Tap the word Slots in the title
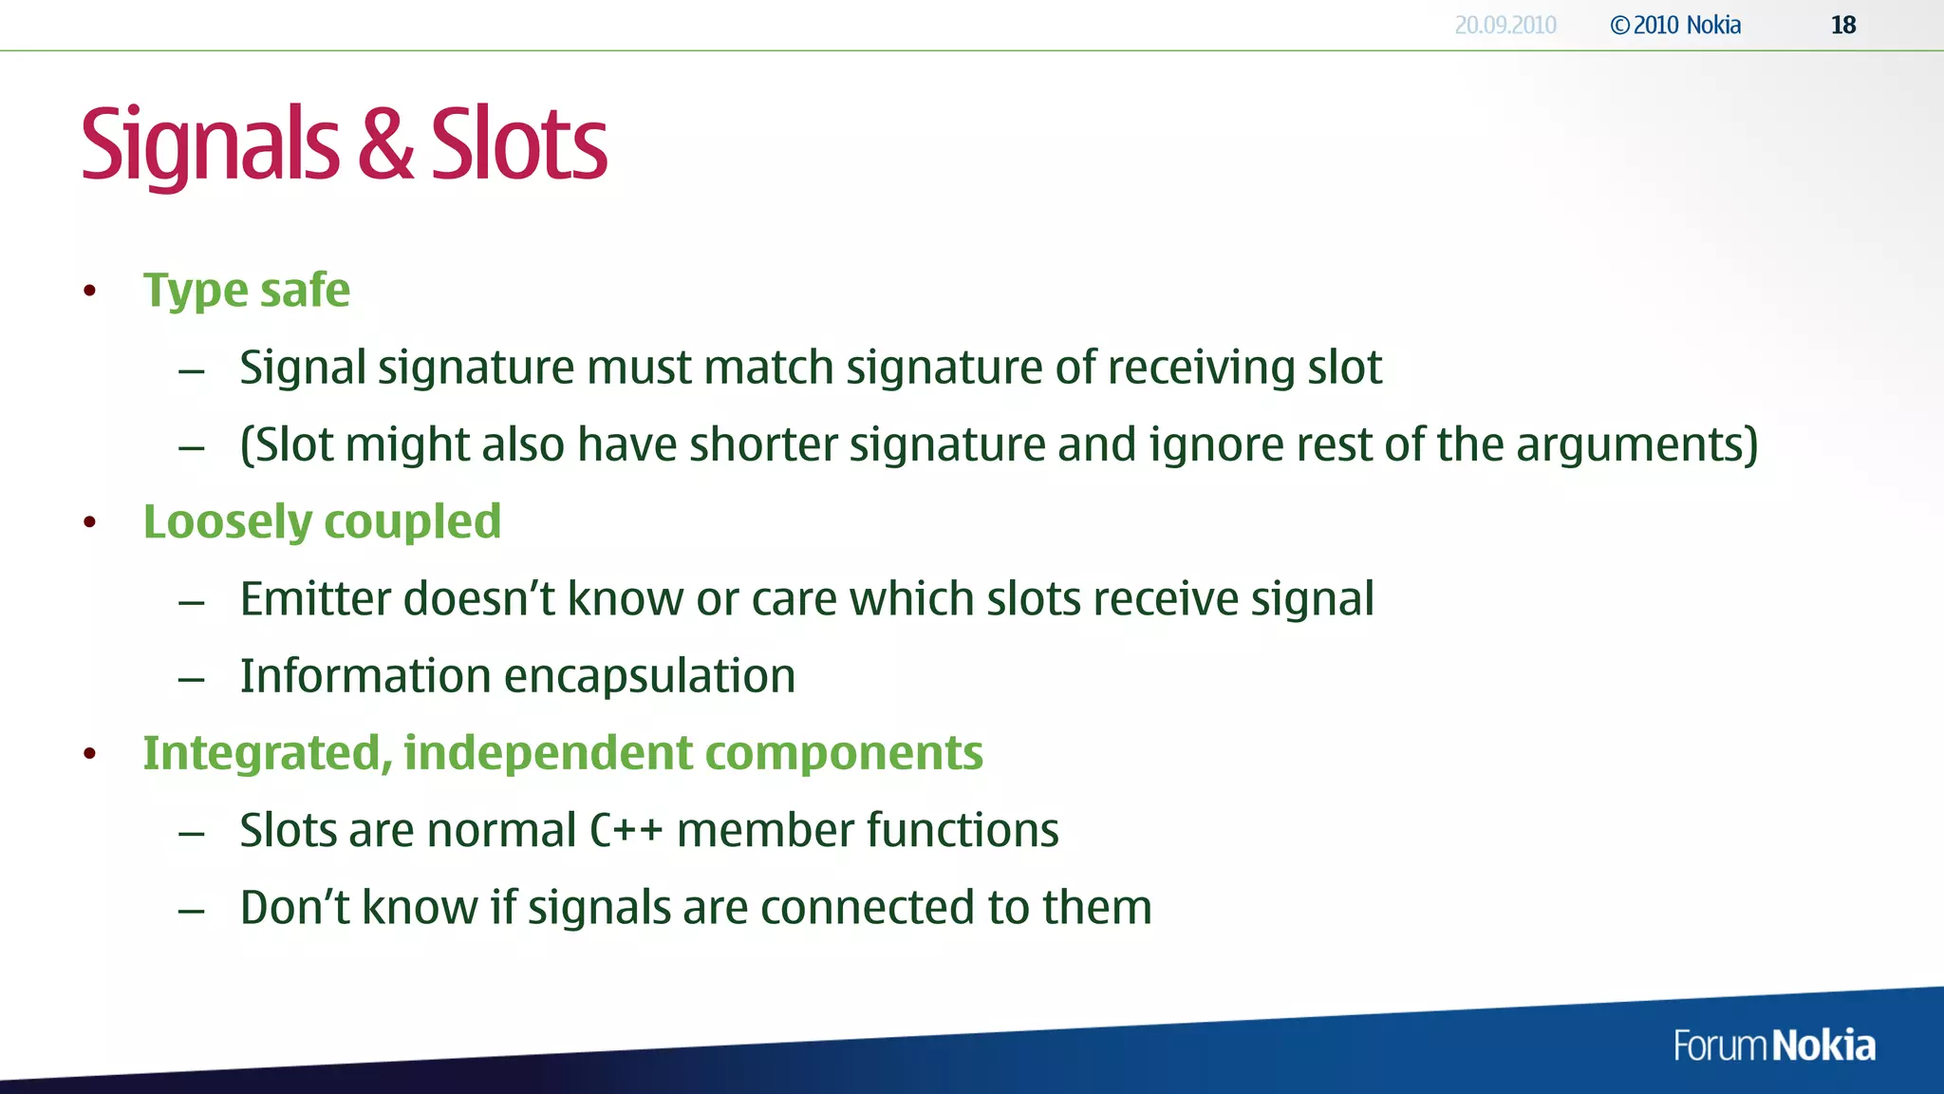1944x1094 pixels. point(519,145)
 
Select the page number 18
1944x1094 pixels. point(1842,26)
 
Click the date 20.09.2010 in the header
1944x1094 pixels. point(1505,26)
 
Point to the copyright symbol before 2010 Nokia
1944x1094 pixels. point(1619,26)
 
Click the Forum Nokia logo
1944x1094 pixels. point(1774,1046)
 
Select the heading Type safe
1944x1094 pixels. point(247,290)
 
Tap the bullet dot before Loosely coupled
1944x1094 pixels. point(90,521)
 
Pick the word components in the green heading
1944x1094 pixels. point(844,753)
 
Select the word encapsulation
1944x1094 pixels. point(649,677)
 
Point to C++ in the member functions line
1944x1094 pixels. point(626,830)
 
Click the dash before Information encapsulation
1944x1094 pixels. point(192,679)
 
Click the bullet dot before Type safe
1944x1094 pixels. point(90,291)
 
